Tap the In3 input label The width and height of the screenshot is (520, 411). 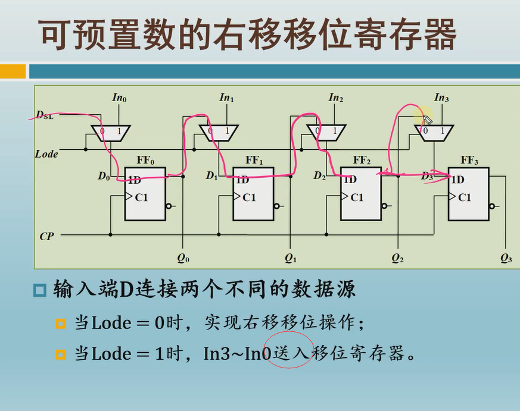pos(441,98)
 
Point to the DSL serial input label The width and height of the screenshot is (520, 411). pos(44,114)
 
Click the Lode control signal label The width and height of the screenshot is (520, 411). pos(46,154)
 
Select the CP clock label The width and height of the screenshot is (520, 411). pos(46,236)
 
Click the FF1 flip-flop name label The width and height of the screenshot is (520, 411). pos(254,160)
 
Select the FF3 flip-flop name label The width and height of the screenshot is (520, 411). pos(469,160)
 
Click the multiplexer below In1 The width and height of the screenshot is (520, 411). pos(218,133)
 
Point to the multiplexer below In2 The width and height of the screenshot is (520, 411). pos(326,133)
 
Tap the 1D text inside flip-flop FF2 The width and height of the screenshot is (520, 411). pos(350,179)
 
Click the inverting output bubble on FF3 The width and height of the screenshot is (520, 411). pos(492,206)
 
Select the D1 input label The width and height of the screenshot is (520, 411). pos(211,176)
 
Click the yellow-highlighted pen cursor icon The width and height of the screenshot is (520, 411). pos(426,120)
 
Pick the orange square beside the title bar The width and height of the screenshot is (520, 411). pos(13,71)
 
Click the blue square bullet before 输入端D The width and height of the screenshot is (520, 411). pos(40,290)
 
